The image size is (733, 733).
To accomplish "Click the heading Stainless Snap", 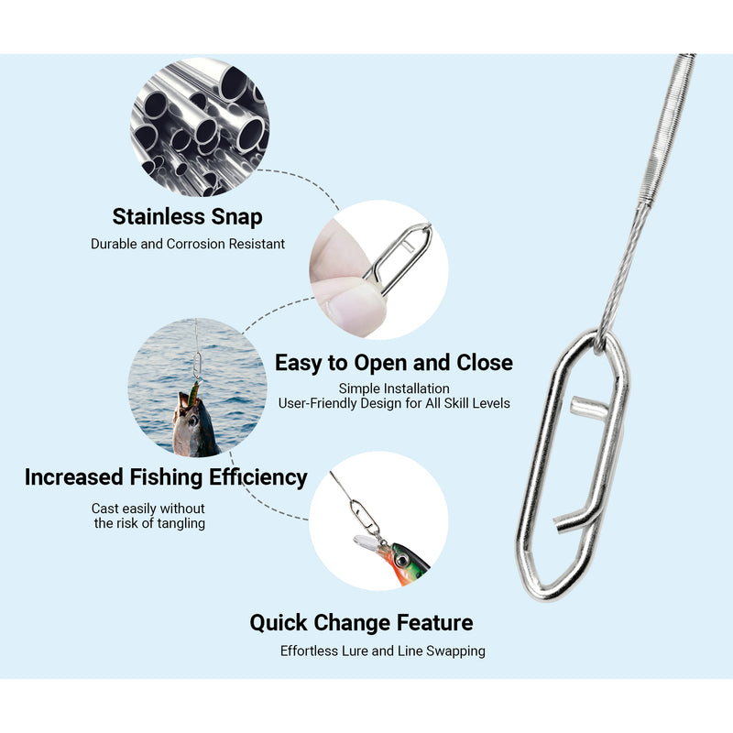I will [x=187, y=217].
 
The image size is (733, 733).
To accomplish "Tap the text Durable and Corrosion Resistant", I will [x=187, y=245].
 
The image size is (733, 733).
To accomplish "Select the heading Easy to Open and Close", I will [x=394, y=363].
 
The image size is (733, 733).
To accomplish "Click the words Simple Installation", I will [x=394, y=388].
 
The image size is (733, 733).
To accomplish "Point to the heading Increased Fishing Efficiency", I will [x=166, y=477].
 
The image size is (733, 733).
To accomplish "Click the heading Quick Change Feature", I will [x=361, y=623].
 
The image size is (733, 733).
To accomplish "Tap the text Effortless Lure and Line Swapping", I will [x=382, y=651].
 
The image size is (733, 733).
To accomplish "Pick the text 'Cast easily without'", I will [x=148, y=509].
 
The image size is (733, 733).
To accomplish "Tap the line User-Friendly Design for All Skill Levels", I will [x=394, y=403].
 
